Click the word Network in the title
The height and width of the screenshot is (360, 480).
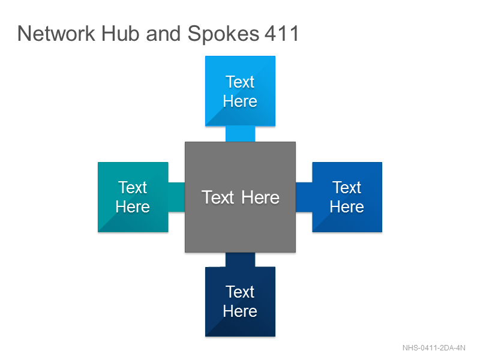coord(56,33)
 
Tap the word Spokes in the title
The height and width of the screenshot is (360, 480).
coord(223,34)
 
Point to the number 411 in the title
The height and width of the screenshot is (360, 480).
coord(281,33)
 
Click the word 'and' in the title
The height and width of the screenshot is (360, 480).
coord(163,33)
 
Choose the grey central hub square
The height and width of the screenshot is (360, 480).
coord(241,197)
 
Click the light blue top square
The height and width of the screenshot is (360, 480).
coord(241,91)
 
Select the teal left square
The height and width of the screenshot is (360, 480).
coord(133,197)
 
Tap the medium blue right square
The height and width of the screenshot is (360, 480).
coord(347,197)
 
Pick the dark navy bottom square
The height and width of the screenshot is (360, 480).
coord(241,302)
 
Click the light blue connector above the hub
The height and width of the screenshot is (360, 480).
coord(241,134)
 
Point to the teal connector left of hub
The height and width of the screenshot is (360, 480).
coord(176,197)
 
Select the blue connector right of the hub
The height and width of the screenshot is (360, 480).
coord(304,197)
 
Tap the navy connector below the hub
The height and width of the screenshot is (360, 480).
coord(241,260)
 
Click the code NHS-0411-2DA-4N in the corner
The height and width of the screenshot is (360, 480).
coord(434,348)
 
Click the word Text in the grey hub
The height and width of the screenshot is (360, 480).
coord(218,197)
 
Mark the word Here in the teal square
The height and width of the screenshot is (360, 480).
coord(133,206)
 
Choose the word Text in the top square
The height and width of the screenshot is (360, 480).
coord(240,82)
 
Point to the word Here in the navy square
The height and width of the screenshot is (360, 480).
coord(240,311)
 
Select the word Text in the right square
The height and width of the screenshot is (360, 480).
coord(347,187)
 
